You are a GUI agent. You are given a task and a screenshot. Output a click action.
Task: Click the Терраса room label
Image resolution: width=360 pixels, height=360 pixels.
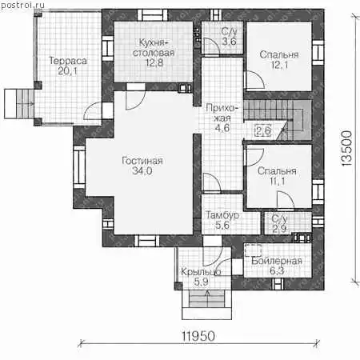click(x=68, y=61)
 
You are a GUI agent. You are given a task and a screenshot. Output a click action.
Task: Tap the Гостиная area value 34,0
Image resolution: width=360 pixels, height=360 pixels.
click(x=142, y=171)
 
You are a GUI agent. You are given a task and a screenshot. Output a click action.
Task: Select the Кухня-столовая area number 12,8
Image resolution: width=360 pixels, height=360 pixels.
click(x=154, y=63)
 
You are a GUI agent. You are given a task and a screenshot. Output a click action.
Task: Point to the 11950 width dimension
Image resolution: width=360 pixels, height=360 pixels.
click(x=198, y=336)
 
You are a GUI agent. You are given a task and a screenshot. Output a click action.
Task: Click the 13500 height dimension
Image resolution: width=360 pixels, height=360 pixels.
click(x=346, y=148)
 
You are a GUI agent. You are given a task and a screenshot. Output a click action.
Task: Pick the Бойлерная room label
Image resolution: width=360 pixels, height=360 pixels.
click(x=277, y=261)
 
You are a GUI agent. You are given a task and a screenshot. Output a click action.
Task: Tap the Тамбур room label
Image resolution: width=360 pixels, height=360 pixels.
click(x=222, y=215)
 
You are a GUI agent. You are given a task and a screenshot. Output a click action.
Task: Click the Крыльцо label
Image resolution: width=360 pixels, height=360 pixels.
click(x=201, y=272)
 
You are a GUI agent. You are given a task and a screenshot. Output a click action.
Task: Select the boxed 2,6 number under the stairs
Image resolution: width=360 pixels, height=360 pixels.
click(x=263, y=130)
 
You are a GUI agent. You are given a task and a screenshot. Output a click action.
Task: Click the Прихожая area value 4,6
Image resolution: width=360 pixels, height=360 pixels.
click(x=222, y=128)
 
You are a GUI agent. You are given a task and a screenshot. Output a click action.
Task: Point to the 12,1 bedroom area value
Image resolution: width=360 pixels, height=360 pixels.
click(x=279, y=65)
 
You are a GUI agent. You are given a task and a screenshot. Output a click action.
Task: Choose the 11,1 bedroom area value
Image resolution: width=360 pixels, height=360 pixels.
click(x=277, y=182)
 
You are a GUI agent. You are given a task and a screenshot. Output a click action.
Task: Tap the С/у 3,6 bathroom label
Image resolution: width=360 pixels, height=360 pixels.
click(x=229, y=36)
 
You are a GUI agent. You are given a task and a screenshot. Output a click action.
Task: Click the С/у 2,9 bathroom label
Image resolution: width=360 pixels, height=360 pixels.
click(x=279, y=223)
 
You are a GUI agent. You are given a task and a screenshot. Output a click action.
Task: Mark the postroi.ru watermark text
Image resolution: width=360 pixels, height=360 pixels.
click(x=22, y=5)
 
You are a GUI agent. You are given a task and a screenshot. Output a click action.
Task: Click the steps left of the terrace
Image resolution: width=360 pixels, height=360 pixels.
click(x=19, y=104)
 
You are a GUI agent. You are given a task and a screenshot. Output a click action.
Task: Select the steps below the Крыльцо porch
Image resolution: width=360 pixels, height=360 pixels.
click(x=206, y=304)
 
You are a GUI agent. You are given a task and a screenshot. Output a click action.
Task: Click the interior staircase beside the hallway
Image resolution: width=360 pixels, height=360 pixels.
click(x=278, y=120)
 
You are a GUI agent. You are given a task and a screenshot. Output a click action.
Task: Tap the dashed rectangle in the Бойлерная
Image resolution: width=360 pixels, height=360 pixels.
click(x=253, y=250)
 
